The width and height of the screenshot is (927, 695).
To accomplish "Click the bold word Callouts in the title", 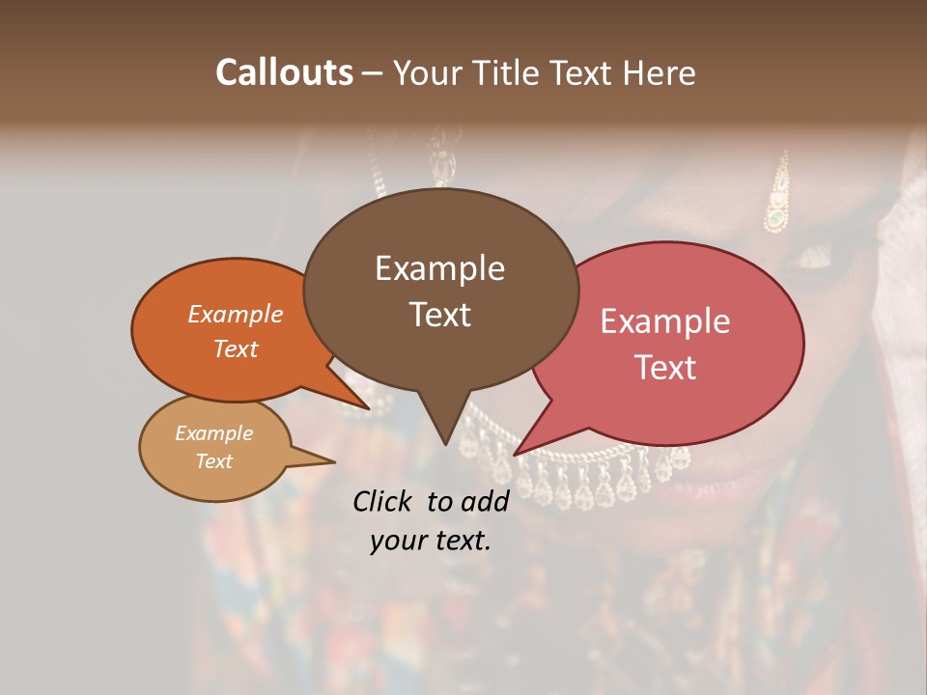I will click(x=284, y=72).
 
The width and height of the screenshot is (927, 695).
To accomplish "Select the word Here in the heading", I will click(x=660, y=72).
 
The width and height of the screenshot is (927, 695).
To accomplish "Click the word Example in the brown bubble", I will click(x=439, y=268).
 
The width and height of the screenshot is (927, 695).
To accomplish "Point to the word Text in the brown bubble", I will click(x=439, y=314).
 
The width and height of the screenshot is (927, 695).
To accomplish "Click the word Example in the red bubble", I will click(x=665, y=321).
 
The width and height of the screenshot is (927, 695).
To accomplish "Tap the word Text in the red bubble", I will click(x=665, y=367).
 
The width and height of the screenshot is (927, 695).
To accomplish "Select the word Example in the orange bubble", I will click(x=236, y=314).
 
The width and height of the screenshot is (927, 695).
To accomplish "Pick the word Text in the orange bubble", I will click(x=236, y=348).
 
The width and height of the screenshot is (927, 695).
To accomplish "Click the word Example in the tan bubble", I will click(x=213, y=433).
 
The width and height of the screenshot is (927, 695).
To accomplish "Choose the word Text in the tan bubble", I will click(x=213, y=461).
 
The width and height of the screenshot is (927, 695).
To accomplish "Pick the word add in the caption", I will click(x=486, y=501).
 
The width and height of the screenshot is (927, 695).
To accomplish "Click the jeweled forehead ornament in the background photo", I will click(x=776, y=203).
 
